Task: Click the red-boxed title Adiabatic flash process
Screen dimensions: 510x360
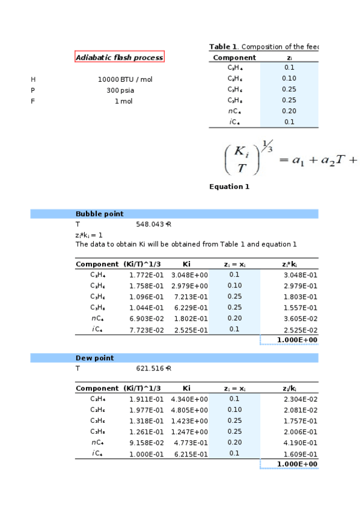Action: (119, 57)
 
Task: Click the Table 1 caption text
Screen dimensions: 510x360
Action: (263, 47)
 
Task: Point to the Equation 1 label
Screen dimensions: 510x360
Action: (229, 186)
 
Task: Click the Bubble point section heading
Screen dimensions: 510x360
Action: (99, 214)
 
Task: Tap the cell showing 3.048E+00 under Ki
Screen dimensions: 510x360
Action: (190, 275)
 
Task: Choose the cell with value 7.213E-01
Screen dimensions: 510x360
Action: (190, 296)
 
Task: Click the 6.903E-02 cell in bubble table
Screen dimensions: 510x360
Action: (146, 318)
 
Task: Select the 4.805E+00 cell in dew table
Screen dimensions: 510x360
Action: (190, 410)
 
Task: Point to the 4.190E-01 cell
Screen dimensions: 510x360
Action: (300, 443)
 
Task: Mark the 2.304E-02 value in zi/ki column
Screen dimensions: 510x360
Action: (300, 399)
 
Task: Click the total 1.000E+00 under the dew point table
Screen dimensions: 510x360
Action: (297, 464)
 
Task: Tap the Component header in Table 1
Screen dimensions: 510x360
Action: (234, 58)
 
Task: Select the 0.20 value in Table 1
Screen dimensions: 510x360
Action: (289, 111)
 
